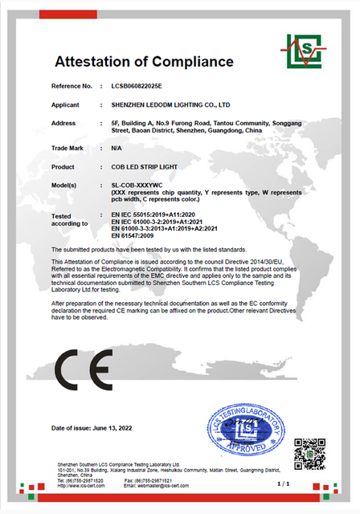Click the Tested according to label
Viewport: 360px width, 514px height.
coord(68,220)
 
